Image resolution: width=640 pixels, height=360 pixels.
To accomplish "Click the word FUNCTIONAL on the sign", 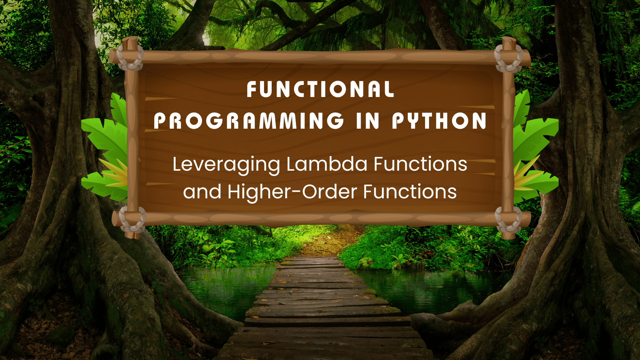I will pyautogui.click(x=320, y=89).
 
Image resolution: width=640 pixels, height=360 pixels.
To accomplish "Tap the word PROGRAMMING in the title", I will pyautogui.click(x=249, y=121).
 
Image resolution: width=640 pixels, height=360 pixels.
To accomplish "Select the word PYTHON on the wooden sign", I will pyautogui.click(x=439, y=121).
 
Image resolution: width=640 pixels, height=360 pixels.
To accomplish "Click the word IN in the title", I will pyautogui.click(x=368, y=121).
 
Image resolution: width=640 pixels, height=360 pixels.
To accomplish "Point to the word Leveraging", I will pyautogui.click(x=226, y=165).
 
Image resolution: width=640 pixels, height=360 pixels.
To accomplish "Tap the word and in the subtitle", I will pyautogui.click(x=202, y=192).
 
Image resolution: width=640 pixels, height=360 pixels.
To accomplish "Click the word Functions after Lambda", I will pyautogui.click(x=420, y=164).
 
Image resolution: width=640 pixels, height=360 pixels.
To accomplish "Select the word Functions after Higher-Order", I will pyautogui.click(x=410, y=192).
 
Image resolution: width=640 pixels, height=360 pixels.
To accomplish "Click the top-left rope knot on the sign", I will pyautogui.click(x=130, y=57).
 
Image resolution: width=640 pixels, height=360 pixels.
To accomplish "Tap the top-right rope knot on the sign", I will pyautogui.click(x=509, y=58).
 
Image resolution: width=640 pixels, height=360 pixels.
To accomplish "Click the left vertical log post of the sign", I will pyautogui.click(x=132, y=140).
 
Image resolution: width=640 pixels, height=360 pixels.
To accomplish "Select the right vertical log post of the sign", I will pyautogui.click(x=508, y=140).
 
